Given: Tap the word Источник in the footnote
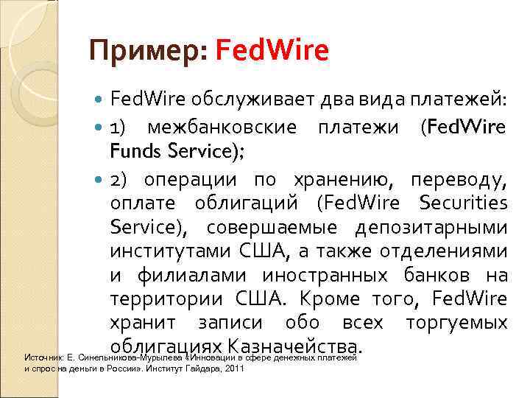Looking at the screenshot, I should pyautogui.click(x=41, y=357).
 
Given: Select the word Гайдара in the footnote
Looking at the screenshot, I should pyautogui.click(x=199, y=368).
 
